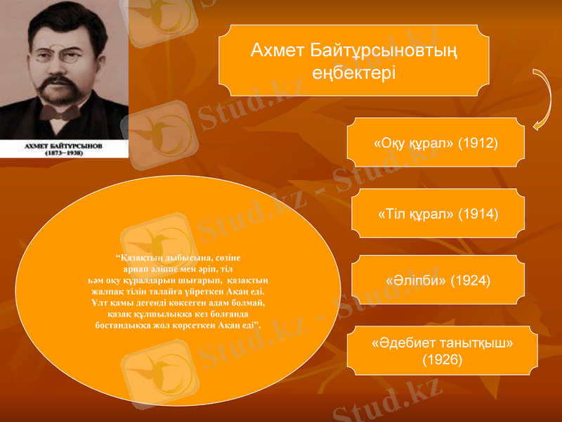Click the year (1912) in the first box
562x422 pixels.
(x=477, y=143)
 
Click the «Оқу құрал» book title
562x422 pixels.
(x=416, y=143)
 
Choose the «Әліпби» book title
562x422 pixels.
(x=414, y=281)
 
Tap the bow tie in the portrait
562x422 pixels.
(x=60, y=110)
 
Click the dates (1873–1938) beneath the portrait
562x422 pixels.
(x=64, y=151)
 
